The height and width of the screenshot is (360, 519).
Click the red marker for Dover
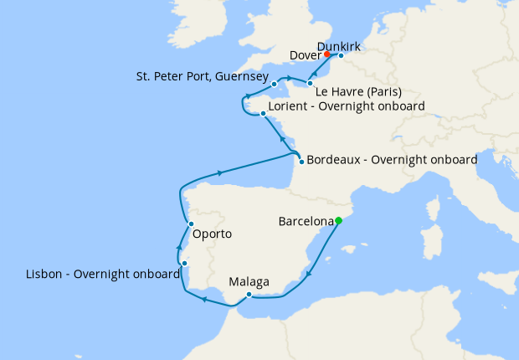[327, 55]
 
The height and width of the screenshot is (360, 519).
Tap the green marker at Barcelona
[339, 221]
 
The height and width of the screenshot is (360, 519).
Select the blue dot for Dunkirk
[341, 56]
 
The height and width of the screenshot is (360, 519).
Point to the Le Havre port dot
[310, 84]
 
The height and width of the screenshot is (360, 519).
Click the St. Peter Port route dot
[275, 85]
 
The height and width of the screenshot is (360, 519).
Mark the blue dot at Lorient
[263, 114]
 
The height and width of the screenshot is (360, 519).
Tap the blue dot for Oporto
[192, 224]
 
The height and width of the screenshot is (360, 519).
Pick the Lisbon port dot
[184, 264]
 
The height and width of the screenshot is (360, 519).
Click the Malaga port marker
[249, 294]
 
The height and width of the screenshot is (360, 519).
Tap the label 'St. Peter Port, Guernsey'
[202, 76]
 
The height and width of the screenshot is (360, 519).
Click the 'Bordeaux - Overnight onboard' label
[392, 159]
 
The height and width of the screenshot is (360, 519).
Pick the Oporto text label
[212, 234]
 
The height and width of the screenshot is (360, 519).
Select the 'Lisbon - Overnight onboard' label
[102, 274]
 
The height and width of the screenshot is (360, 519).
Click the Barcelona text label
[306, 222]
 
